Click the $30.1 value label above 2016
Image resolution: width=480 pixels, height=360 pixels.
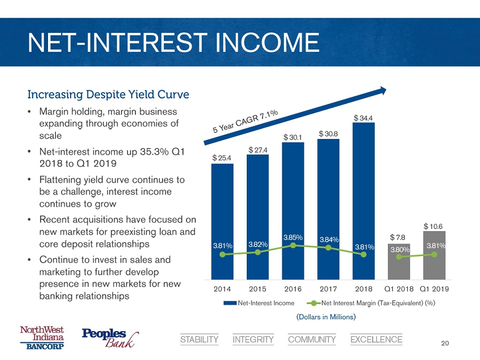[x=293, y=137]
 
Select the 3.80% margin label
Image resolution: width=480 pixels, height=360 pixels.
[x=399, y=249]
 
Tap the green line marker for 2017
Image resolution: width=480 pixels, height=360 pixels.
[x=328, y=247]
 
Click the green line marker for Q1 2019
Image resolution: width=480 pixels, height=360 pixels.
[x=434, y=254]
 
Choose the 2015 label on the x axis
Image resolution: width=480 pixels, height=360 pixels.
[x=258, y=288]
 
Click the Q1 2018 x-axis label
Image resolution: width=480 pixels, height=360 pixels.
[x=399, y=288]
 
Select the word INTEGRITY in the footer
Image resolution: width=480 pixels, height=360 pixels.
[x=253, y=340]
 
